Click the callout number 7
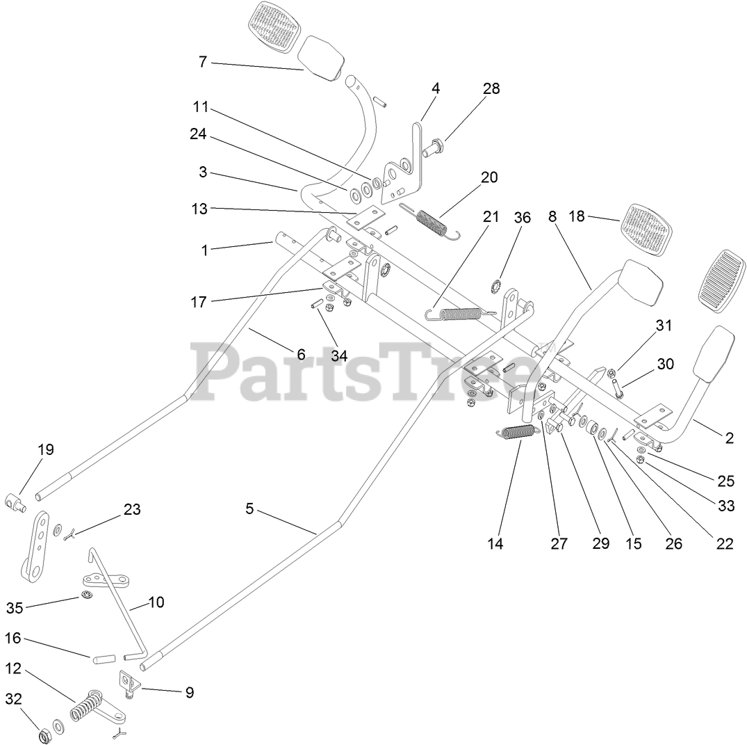point(202,62)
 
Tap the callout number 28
point(491,88)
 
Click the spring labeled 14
point(518,432)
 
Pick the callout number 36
point(522,218)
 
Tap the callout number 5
point(249,509)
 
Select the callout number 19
point(45,449)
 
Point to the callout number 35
point(15,608)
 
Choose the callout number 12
point(14,669)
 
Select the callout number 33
point(726,506)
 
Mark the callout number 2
point(729,438)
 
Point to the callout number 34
point(338,355)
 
